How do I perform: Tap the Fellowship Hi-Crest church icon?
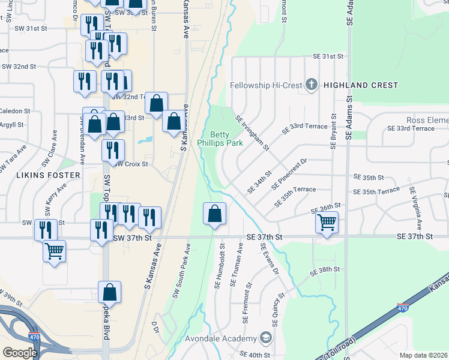[311, 85]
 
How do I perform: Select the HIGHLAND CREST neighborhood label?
[360, 85]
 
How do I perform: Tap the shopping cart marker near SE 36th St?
[327, 223]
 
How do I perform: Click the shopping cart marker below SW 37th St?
[54, 250]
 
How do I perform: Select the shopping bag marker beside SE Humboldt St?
[215, 214]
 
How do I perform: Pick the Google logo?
[20, 352]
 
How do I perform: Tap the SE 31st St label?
[327, 56]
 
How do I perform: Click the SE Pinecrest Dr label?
[289, 175]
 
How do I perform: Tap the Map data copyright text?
[423, 355]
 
